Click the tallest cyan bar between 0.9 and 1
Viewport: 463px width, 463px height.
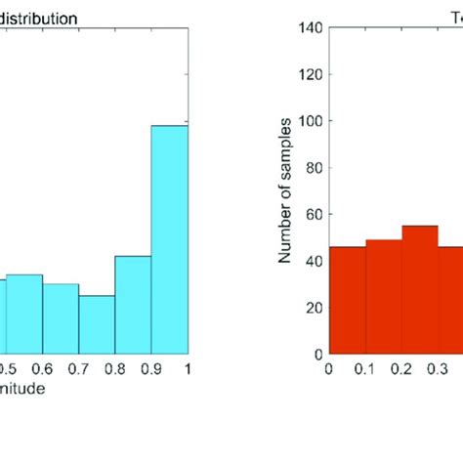pos(169,239)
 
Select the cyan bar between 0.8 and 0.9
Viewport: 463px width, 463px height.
pos(133,304)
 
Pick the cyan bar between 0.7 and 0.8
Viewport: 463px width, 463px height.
pos(97,324)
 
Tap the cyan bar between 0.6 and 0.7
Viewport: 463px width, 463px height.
pos(61,318)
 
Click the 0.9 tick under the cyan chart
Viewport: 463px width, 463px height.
pos(151,369)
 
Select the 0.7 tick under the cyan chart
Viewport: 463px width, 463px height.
pos(79,369)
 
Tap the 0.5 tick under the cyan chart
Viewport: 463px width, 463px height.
pos(9,369)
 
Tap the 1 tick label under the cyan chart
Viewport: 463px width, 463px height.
pos(186,369)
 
